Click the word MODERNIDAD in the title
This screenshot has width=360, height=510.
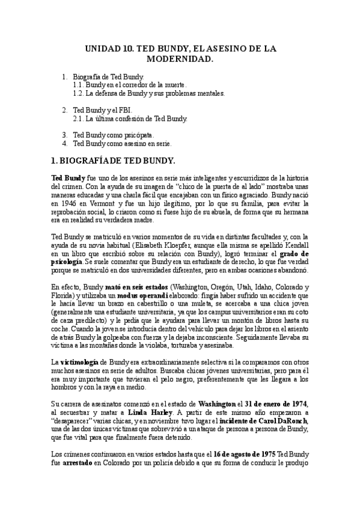coord(180,60)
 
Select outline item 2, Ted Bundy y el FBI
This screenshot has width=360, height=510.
coord(102,111)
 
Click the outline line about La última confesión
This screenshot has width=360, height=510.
coord(130,119)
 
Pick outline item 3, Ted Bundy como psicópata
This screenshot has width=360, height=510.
coord(114,135)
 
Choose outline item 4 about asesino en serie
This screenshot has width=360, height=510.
coord(122,144)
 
